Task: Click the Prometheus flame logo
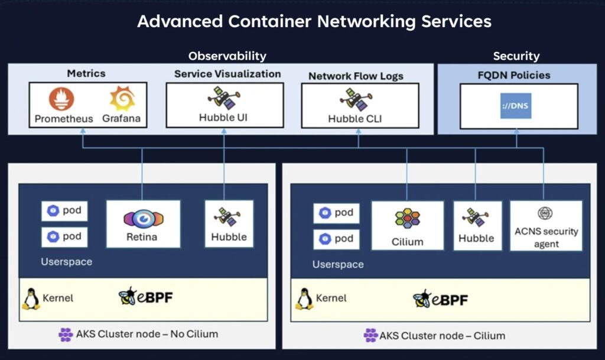tap(62, 99)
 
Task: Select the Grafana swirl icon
tap(122, 99)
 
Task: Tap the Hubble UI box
tap(224, 105)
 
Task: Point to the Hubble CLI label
tap(354, 119)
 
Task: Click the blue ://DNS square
tap(516, 105)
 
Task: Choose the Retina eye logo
tap(142, 219)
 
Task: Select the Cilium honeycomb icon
tap(408, 219)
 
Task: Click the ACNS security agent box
tap(545, 225)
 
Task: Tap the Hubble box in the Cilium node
tap(476, 225)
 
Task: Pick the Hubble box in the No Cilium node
tap(229, 223)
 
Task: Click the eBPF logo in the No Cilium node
tap(145, 297)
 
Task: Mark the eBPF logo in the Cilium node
tap(440, 299)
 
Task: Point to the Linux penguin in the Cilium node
tap(304, 299)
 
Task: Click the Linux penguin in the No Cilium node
tap(31, 299)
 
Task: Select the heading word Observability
tap(227, 56)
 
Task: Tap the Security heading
tap(516, 56)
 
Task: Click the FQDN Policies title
tap(513, 75)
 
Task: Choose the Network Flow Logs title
tap(356, 76)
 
